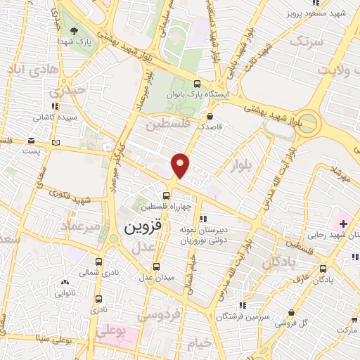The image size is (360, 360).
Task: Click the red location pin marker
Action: click(181, 165)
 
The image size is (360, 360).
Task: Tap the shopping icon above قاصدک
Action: click(210, 117)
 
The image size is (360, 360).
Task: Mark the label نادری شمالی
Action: click(93, 271)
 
